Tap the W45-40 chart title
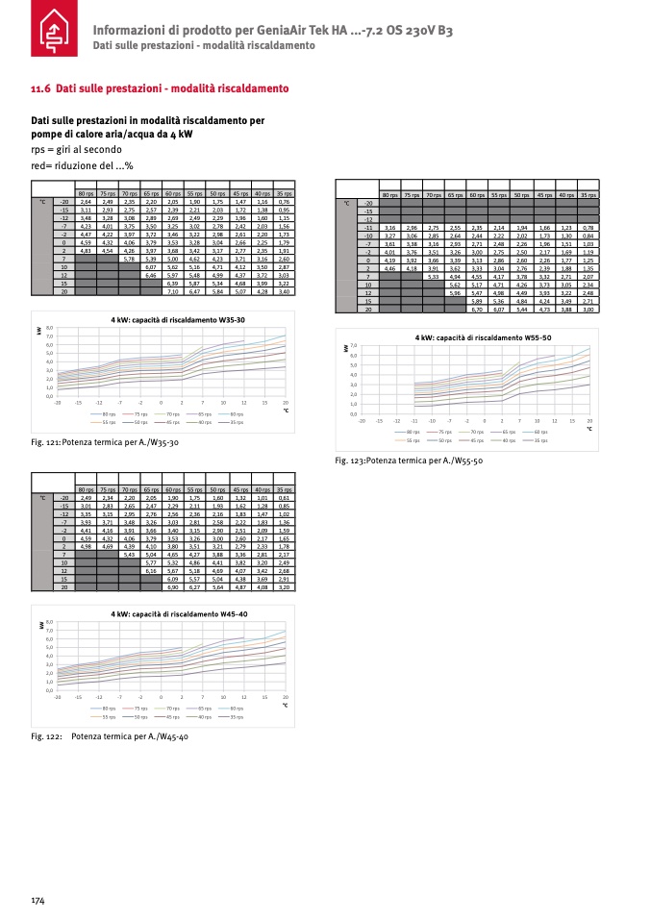[174, 613]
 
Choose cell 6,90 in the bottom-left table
[173, 586]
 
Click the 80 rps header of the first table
[86, 194]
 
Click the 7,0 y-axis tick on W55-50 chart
[354, 345]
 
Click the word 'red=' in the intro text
[42, 165]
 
